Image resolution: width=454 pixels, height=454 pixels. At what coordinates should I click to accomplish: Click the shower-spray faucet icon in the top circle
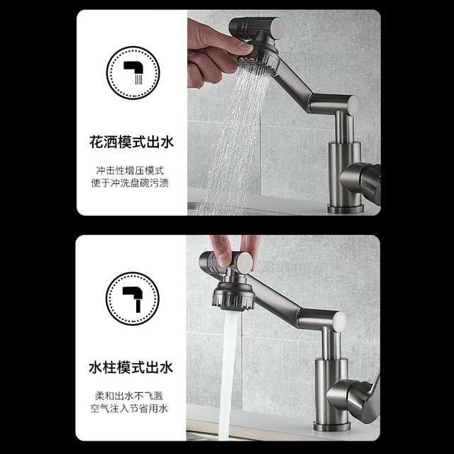point(133,72)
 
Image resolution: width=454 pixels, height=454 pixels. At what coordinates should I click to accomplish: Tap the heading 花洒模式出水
point(131,142)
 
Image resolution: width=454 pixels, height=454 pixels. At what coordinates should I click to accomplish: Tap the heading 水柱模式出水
point(131,367)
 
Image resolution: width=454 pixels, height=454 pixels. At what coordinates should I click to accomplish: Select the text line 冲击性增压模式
point(130,170)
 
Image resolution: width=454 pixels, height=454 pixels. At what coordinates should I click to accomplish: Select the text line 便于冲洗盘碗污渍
point(130,183)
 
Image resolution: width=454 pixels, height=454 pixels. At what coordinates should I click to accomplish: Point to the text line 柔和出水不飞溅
point(129,396)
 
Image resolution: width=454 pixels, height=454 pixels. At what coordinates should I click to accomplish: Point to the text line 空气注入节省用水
point(129,409)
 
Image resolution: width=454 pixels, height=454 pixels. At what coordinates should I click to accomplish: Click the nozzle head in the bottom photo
point(233,295)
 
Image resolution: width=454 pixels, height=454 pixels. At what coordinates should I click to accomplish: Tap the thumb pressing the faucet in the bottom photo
point(222,250)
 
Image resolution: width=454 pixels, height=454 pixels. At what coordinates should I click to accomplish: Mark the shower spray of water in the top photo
point(232,139)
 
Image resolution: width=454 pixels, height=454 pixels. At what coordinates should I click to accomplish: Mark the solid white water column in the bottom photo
point(228,374)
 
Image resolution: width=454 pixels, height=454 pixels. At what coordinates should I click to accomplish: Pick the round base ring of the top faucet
point(345,209)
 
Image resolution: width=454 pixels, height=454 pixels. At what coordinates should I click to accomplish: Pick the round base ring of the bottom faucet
point(332,426)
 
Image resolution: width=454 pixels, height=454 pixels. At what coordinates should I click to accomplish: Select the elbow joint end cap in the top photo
point(353,106)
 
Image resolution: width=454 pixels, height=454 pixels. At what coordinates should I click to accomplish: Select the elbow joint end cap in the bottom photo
point(340,322)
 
